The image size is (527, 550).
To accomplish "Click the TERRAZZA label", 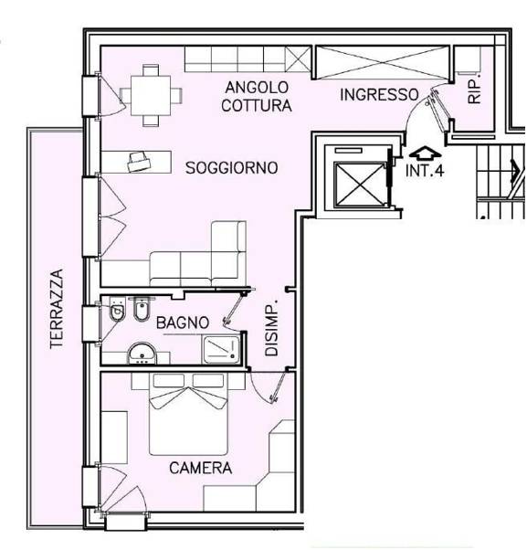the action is point(57,309).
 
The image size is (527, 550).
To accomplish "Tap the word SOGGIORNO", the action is point(231,168).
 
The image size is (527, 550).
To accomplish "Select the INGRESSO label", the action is point(379,95).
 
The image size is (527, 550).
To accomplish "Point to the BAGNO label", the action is point(183,323).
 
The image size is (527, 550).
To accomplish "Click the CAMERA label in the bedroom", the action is point(201,468).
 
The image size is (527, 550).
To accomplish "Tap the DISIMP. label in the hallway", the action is point(271,328).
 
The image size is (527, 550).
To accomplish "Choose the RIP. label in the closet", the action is point(474,91).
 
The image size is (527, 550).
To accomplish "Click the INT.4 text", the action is point(425,171).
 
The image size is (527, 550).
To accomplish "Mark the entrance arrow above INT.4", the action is point(425,153).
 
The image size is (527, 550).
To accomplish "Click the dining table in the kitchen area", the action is point(151,95).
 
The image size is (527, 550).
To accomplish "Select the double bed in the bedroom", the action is point(188,414).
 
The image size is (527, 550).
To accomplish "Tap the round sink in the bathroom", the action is point(142,354).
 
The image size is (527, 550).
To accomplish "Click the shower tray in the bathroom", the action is point(221,350).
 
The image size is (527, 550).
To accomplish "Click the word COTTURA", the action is point(257,106).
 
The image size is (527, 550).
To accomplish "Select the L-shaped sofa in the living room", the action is point(198,253).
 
